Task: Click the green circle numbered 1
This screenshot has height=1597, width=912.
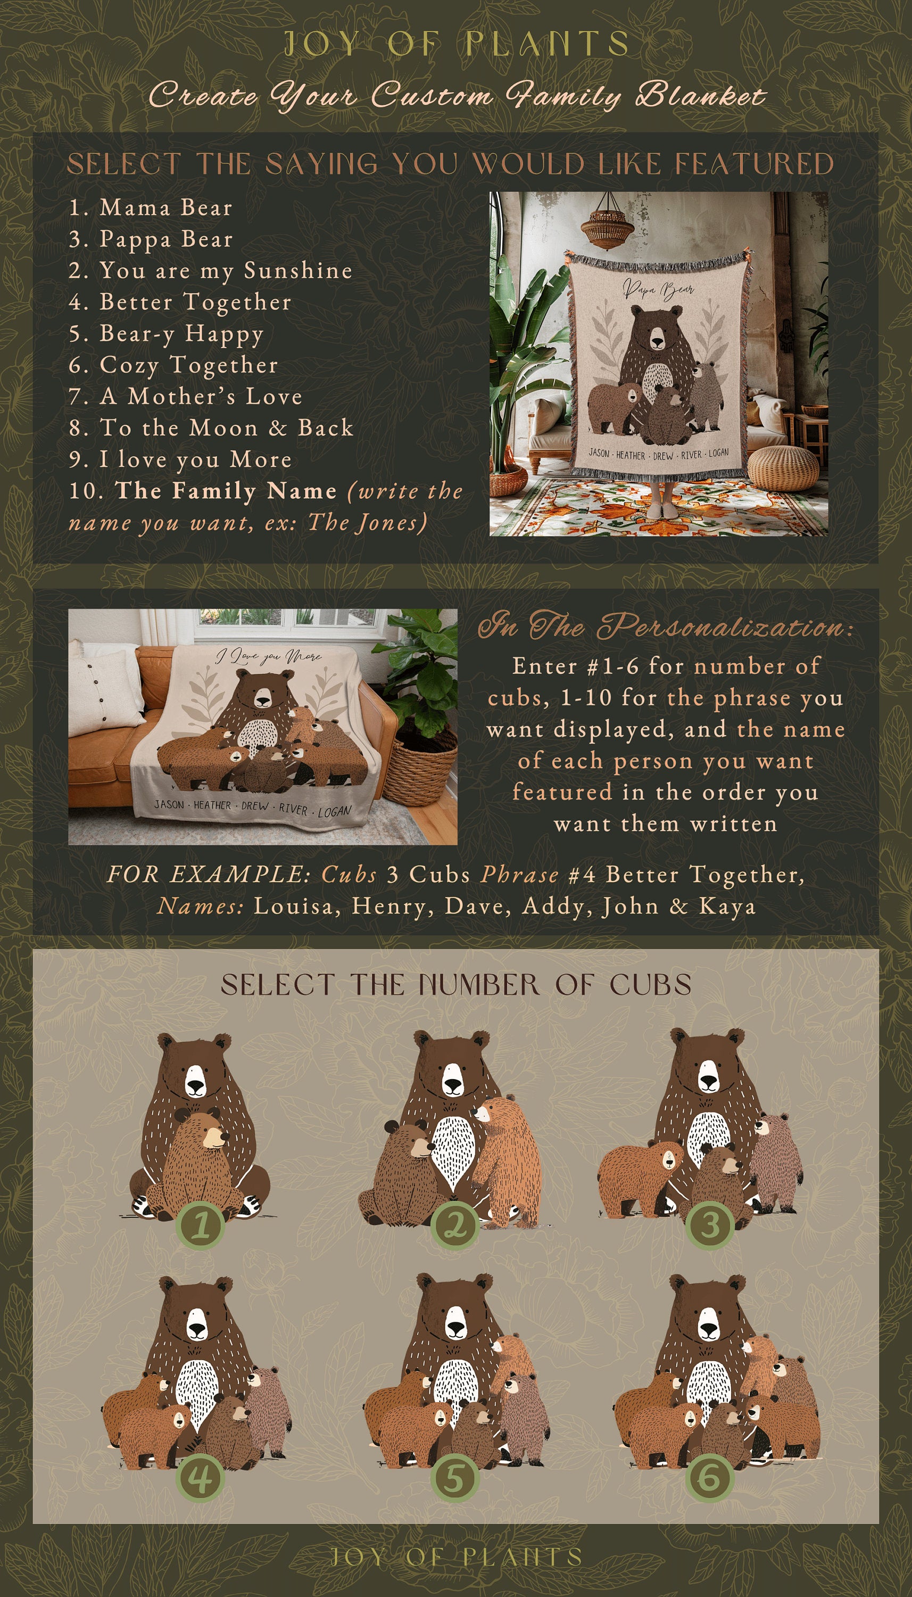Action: pyautogui.click(x=201, y=1225)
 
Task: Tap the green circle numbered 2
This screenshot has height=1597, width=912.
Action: pyautogui.click(x=455, y=1225)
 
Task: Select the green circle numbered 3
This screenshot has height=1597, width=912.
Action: pyautogui.click(x=710, y=1225)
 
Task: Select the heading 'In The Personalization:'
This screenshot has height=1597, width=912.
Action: pyautogui.click(x=665, y=627)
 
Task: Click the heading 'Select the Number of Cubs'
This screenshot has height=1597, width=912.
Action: pyautogui.click(x=456, y=984)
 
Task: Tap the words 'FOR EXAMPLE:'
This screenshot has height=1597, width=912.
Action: pyautogui.click(x=209, y=875)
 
